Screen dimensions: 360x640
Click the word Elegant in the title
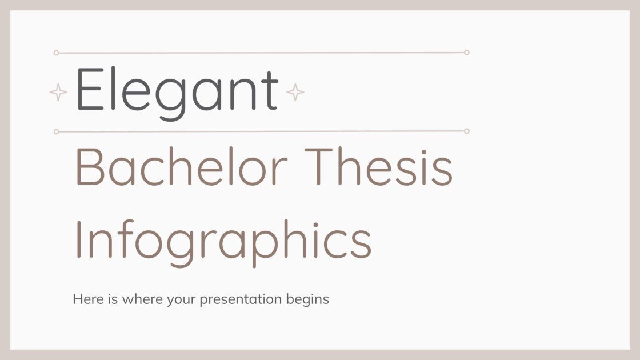pyautogui.click(x=177, y=90)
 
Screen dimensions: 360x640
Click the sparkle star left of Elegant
pyautogui.click(x=58, y=92)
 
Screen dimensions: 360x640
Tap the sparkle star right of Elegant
pyautogui.click(x=295, y=92)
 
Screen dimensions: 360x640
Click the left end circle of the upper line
pyautogui.click(x=56, y=53)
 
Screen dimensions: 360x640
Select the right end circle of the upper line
pyautogui.click(x=466, y=53)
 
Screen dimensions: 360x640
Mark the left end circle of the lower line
pyautogui.click(x=56, y=131)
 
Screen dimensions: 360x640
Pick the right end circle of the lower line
pyautogui.click(x=466, y=131)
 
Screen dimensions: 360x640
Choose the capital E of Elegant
pyautogui.click(x=86, y=90)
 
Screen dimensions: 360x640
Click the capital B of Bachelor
pyautogui.click(x=88, y=167)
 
